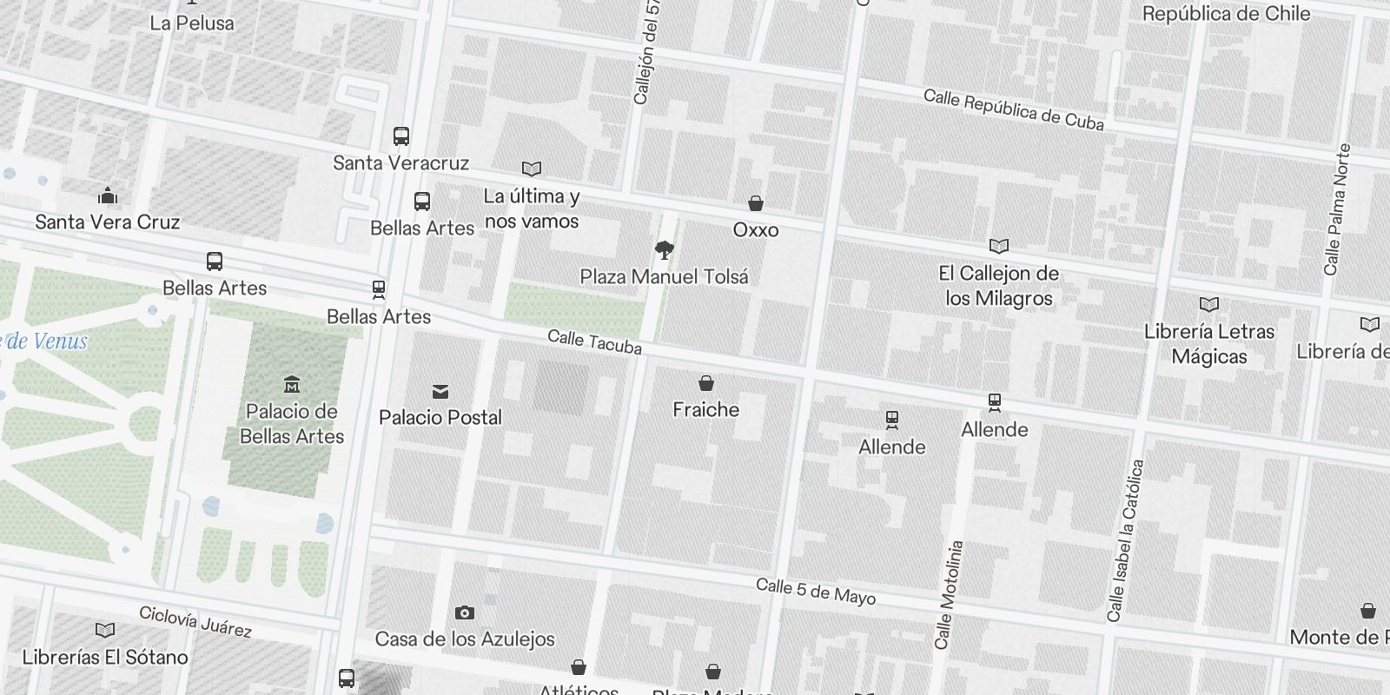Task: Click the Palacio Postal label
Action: pos(440,418)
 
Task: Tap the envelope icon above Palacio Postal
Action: pos(440,392)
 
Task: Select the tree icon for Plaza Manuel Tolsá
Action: pos(665,251)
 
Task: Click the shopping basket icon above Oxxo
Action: pos(756,203)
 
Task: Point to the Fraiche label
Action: pos(705,410)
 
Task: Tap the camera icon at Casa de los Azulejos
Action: pos(465,613)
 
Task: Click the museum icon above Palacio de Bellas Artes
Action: pos(292,385)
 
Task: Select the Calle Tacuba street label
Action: pos(594,342)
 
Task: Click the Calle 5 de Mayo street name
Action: pos(815,592)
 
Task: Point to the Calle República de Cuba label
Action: pos(1013,109)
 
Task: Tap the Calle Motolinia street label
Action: pos(949,595)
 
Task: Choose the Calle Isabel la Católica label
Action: pos(1127,540)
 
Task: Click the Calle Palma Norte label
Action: pos(1337,209)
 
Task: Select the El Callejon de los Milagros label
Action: pos(999,286)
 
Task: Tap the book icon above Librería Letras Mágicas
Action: pos(1208,304)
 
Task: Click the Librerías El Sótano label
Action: pos(105,658)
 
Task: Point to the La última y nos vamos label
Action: pos(532,208)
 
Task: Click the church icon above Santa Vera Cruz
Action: pos(108,195)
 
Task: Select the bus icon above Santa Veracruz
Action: pos(400,136)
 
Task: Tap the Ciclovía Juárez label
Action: pos(195,621)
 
